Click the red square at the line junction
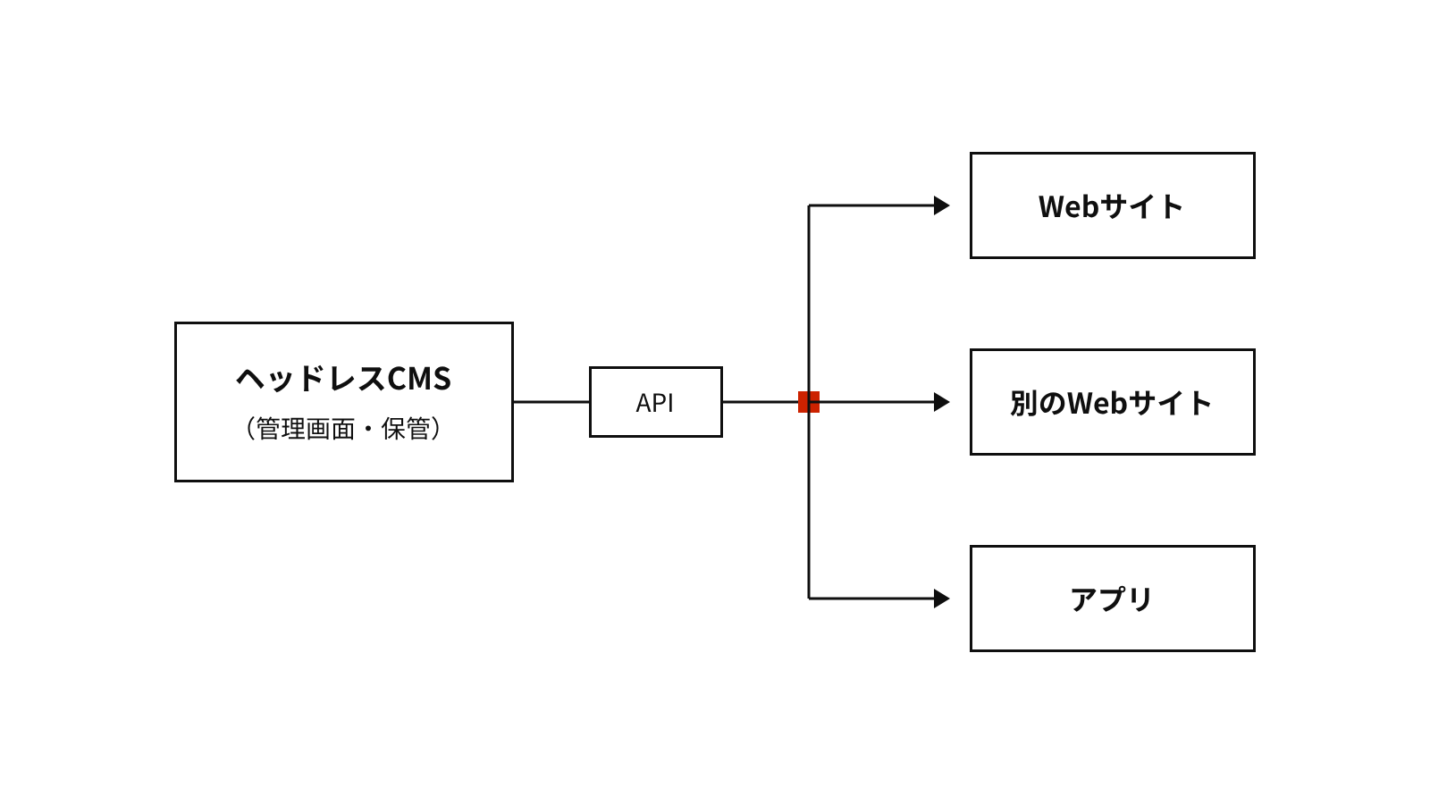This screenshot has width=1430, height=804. [809, 402]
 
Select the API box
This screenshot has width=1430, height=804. [656, 402]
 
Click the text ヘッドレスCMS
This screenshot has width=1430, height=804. [343, 378]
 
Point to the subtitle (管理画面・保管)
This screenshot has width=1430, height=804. [343, 428]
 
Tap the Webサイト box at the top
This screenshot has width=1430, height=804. [1112, 205]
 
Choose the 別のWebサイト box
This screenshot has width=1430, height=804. [1112, 402]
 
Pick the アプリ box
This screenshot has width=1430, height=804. [1112, 599]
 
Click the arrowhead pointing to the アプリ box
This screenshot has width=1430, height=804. [942, 599]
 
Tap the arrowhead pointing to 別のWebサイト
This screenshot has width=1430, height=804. [942, 402]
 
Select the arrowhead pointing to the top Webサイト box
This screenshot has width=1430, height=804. [942, 205]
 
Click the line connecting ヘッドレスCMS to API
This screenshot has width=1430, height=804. [551, 402]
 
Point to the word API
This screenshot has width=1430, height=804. [655, 403]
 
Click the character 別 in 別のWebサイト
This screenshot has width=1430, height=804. [1024, 403]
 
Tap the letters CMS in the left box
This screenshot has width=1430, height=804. [419, 379]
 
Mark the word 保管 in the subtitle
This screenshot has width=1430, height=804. [406, 428]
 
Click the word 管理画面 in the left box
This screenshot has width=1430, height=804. [305, 428]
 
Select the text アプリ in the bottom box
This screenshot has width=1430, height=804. [1112, 599]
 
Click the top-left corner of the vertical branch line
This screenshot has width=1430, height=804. [809, 205]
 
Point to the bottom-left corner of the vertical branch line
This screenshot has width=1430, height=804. [809, 599]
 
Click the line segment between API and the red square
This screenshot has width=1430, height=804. [761, 402]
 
